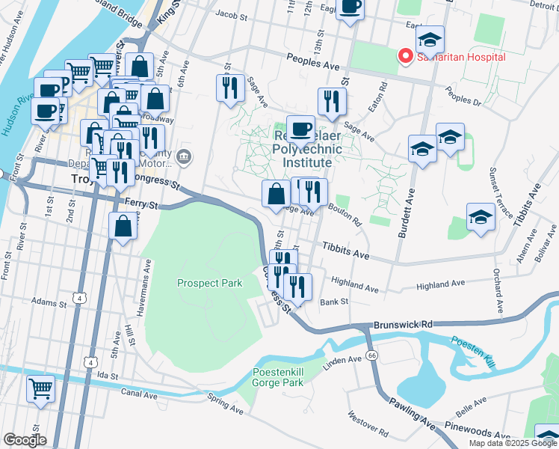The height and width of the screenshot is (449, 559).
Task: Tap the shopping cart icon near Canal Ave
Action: coord(40,388)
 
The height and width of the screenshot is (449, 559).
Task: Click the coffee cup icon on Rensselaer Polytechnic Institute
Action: coord(300,129)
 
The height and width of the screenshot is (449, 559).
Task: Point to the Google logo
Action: coord(25,439)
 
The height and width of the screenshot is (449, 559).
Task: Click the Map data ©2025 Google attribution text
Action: coord(513,443)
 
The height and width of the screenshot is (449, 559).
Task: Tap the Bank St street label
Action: coord(334,302)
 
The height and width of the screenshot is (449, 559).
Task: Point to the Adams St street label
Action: coord(49,302)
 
